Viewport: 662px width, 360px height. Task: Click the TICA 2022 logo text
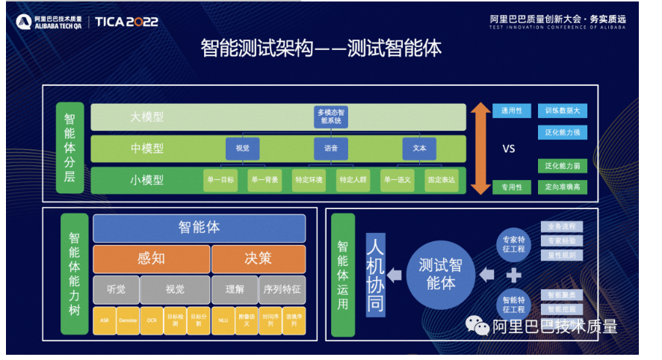click(x=126, y=21)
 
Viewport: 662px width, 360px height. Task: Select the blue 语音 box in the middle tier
click(x=330, y=148)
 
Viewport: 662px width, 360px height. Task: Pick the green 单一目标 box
click(x=220, y=179)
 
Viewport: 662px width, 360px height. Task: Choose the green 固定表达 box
click(x=441, y=179)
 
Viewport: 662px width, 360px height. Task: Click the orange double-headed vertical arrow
click(x=480, y=148)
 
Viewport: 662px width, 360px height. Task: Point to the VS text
click(x=508, y=149)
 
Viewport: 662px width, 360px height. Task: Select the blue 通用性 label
click(x=512, y=111)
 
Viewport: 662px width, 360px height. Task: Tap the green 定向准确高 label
click(x=561, y=187)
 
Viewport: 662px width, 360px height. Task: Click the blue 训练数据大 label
click(x=561, y=111)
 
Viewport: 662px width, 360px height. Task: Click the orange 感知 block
click(x=151, y=258)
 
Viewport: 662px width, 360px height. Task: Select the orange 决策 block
click(x=259, y=258)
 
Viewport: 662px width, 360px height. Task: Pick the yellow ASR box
click(x=104, y=320)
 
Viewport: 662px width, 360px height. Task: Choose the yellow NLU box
click(x=222, y=320)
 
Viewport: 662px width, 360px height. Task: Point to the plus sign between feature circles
click(x=513, y=275)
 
